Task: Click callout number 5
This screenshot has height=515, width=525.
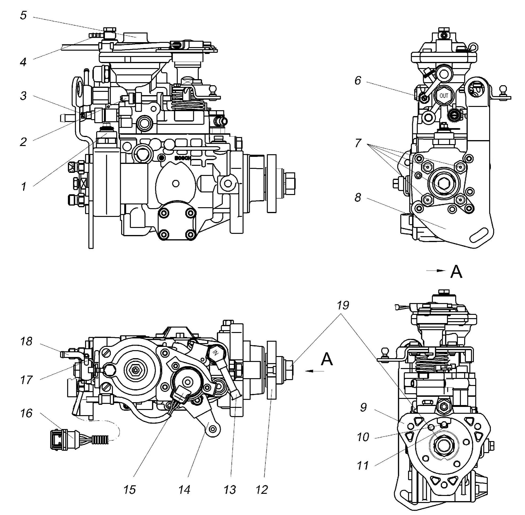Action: coord(24,15)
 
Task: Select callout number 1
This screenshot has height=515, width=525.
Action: coord(24,186)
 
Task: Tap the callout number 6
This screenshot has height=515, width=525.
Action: coord(358,80)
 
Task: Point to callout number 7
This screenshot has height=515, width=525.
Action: coord(358,142)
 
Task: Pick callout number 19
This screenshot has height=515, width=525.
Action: coord(343,305)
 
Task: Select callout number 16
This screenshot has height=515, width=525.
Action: coord(26,413)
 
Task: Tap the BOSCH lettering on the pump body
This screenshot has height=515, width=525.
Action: coord(183,158)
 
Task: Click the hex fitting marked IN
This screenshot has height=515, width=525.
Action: coord(216,352)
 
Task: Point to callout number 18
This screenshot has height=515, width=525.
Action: coord(26,341)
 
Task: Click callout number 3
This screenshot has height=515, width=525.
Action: coord(24,95)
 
